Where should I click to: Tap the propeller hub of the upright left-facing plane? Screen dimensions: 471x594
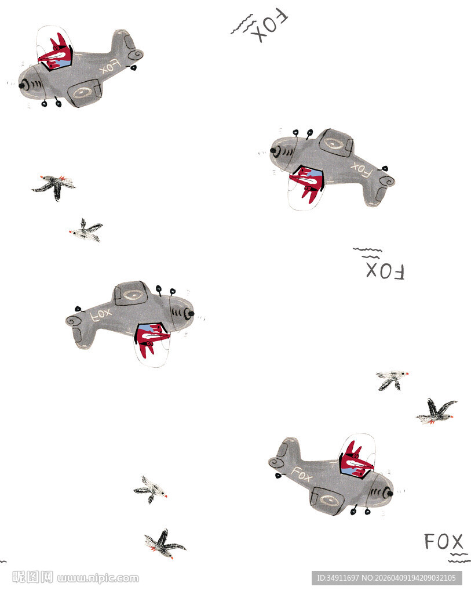coord(22,86)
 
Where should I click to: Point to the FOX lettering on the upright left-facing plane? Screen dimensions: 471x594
coord(109,67)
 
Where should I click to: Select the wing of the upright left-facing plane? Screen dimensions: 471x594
coord(85,93)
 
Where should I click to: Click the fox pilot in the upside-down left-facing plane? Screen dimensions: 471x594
coord(307,183)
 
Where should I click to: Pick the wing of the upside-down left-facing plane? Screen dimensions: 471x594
coord(336,144)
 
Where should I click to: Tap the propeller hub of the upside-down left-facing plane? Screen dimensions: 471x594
coord(273,150)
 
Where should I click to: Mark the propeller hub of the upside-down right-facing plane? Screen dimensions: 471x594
coord(191,313)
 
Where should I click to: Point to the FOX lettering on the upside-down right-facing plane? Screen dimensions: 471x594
coord(101,315)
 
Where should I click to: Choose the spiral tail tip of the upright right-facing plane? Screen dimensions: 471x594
coord(276,462)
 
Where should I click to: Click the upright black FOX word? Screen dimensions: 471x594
coord(443,541)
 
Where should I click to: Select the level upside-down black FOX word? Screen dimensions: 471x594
coord(385,271)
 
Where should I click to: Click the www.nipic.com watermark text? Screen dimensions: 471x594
coord(98,578)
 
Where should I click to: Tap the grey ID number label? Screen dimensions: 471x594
coord(386,578)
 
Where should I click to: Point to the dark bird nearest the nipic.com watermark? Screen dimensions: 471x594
coord(165,544)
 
